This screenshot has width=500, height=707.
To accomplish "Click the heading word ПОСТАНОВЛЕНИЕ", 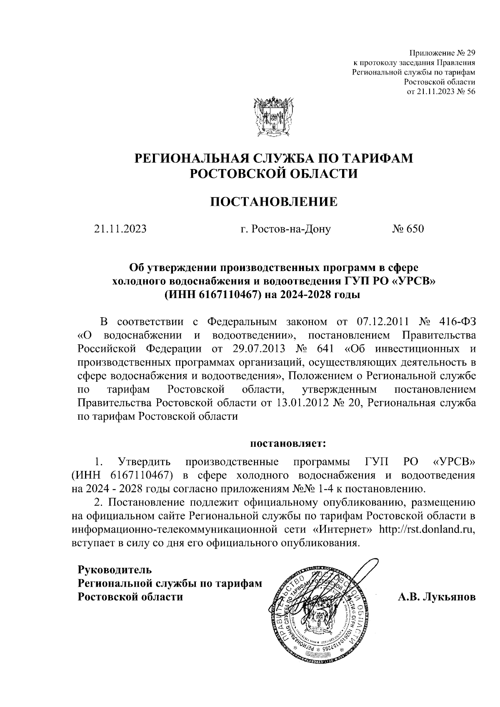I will click(273, 203).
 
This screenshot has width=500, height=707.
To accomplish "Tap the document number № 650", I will click(407, 229).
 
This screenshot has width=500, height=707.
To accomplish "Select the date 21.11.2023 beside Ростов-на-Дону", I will click(120, 229).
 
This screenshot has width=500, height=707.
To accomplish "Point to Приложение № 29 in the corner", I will click(442, 53).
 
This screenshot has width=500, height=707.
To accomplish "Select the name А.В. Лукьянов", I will click(437, 597).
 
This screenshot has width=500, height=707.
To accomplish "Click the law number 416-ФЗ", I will click(457, 322).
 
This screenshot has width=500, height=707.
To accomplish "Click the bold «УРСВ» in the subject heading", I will click(413, 281).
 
